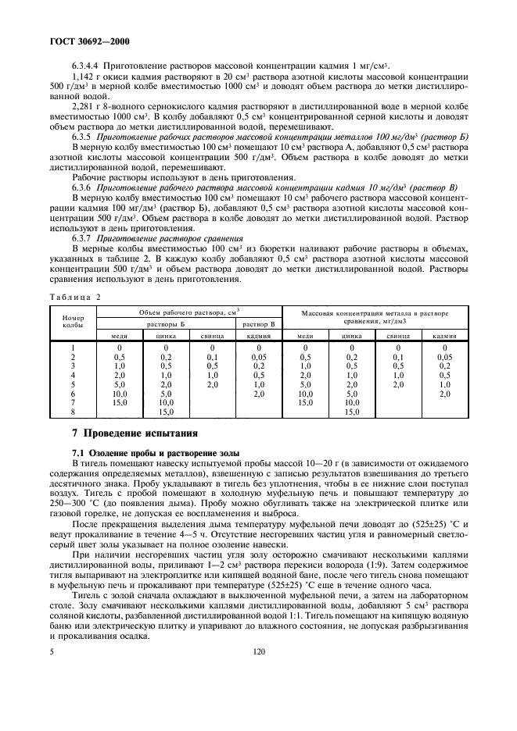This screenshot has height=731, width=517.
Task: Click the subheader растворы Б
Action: click(x=166, y=323)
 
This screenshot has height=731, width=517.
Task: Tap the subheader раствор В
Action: click(x=258, y=323)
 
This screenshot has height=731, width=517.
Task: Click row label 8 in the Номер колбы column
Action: click(x=73, y=412)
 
